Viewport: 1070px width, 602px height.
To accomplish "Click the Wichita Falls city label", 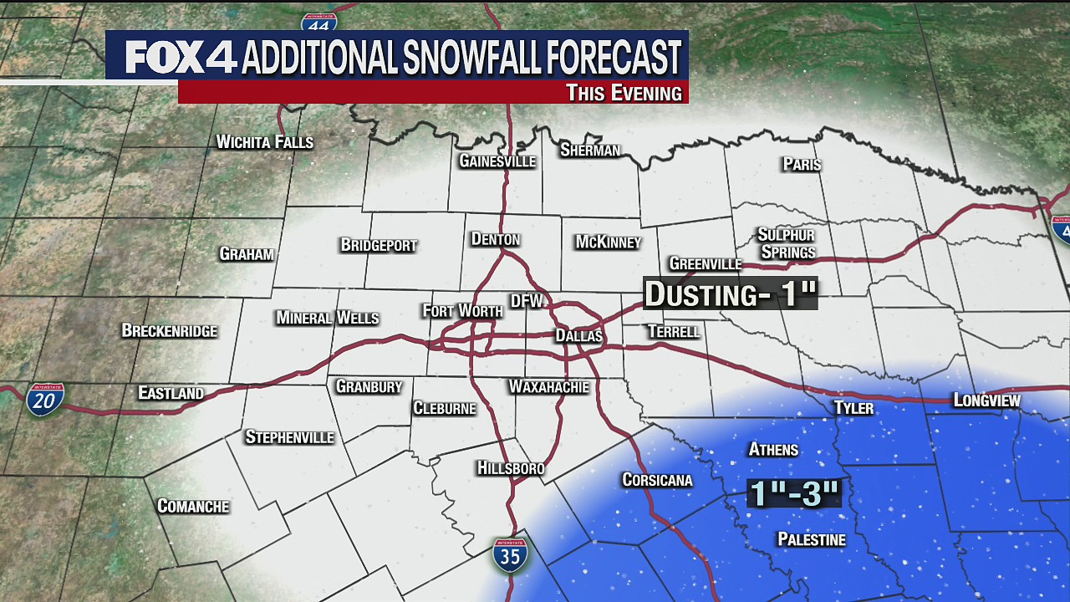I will coord(264,142).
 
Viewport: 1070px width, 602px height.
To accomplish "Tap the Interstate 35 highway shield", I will coord(509,554).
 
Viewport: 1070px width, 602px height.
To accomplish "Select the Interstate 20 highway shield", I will coord(44,400).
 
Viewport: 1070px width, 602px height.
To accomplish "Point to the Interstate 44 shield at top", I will coord(318,18).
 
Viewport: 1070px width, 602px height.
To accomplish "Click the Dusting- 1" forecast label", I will coord(730,293).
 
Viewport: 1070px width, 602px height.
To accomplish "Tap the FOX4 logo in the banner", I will coord(181,57).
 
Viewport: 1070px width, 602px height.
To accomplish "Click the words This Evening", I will coord(624,93).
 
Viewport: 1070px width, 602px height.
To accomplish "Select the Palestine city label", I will coord(811,539).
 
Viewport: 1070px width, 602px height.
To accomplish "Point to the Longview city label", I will coord(986,400).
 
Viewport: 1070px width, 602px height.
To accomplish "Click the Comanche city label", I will coord(193,506).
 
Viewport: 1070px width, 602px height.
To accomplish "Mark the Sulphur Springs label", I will coord(786,243).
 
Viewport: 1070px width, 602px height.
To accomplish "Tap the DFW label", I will coord(527,300).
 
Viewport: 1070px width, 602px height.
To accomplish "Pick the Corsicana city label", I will coord(657,480).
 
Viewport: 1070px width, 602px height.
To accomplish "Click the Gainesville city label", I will coord(497,161).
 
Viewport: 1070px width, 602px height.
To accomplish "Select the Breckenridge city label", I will coord(169,330).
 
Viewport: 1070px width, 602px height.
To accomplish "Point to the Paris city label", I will coord(802,165).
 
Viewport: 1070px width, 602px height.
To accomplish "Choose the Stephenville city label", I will coord(289,437).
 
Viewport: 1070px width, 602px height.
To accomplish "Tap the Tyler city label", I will coord(853,408).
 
